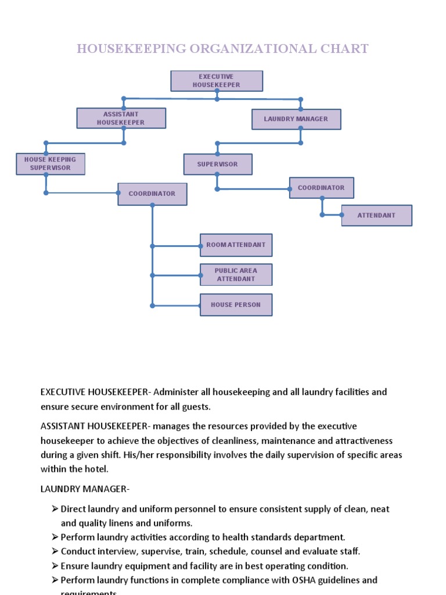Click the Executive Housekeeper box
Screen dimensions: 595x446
tap(216, 81)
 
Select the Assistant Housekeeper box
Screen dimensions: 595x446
tap(121, 118)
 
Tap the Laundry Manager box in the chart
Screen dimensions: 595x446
tap(296, 119)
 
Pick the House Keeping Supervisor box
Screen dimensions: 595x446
tap(50, 164)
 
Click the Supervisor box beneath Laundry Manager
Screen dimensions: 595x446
tap(218, 164)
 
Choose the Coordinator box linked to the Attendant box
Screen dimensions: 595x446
tap(321, 188)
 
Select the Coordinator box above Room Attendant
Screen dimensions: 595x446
tap(152, 194)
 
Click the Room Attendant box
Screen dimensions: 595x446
tap(236, 245)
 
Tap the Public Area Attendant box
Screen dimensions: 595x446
tap(236, 275)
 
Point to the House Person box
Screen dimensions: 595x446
tap(236, 305)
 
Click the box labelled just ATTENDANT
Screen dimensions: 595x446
tap(376, 216)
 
